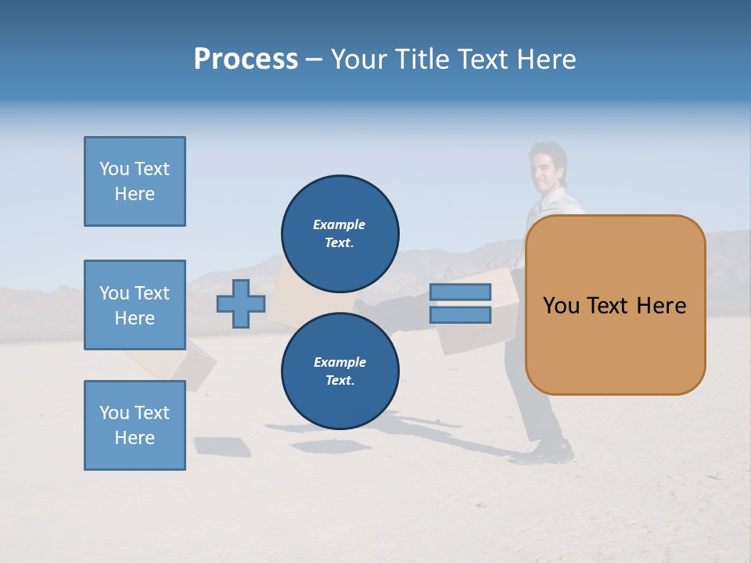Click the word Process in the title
[x=246, y=59]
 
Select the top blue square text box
[x=135, y=181]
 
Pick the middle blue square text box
[x=135, y=305]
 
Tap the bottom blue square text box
[x=135, y=425]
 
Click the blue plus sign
[x=241, y=303]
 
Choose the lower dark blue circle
[x=340, y=371]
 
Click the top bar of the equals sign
[x=460, y=292]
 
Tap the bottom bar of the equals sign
[x=460, y=315]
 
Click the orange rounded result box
[x=615, y=344]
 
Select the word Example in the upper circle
[x=340, y=224]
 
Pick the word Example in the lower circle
[x=340, y=362]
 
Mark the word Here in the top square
[x=135, y=194]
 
